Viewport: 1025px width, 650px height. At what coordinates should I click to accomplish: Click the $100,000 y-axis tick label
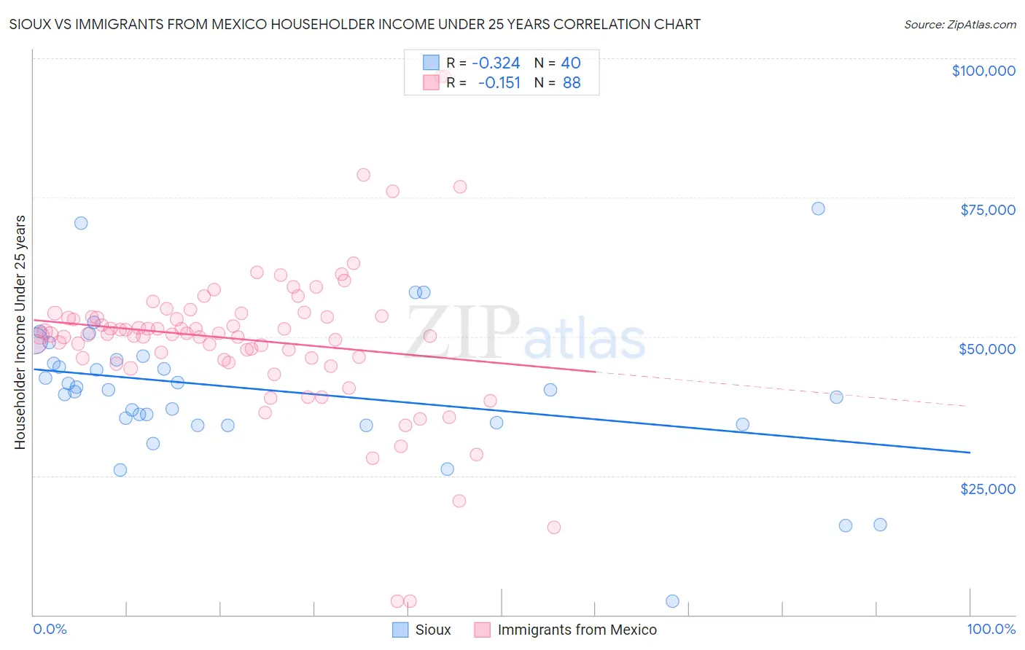click(x=983, y=71)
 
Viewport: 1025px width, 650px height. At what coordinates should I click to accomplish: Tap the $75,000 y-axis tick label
click(x=987, y=210)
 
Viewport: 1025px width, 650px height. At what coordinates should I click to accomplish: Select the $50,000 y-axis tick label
click(x=987, y=349)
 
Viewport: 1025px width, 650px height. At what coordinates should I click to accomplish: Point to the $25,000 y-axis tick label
click(x=987, y=489)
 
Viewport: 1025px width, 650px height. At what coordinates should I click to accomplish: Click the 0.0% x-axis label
click(x=50, y=630)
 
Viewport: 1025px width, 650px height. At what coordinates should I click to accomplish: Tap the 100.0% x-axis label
click(x=991, y=630)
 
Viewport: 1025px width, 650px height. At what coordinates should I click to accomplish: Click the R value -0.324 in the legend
click(x=496, y=63)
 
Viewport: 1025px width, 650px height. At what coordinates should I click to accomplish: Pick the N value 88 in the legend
click(x=572, y=83)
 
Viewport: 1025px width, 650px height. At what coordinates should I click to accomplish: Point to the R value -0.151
click(x=499, y=83)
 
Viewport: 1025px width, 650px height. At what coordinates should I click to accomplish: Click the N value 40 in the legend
click(x=571, y=63)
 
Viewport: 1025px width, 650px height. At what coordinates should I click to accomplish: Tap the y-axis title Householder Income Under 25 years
click(x=20, y=332)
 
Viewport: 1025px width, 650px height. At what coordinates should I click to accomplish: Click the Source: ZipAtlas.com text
click(x=959, y=25)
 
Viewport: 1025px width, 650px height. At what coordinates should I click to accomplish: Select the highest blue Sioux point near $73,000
click(x=818, y=208)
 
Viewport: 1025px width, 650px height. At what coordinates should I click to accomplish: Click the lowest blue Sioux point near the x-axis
click(x=672, y=601)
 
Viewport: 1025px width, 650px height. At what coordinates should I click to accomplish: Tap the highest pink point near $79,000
click(x=363, y=175)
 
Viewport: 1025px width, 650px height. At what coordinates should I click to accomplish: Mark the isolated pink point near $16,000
click(x=553, y=528)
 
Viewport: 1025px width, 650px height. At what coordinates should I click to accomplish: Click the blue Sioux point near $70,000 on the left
click(x=81, y=223)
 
